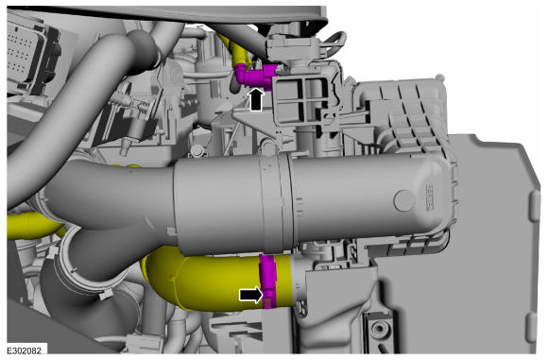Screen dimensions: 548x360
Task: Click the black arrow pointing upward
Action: [x=256, y=99]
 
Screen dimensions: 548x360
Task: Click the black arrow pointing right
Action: [x=251, y=294]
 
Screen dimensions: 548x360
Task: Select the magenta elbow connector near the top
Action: [x=254, y=76]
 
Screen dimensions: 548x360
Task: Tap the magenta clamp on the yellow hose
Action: [x=267, y=282]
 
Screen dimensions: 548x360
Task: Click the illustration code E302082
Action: [x=24, y=350]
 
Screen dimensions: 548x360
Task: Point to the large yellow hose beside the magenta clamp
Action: [x=210, y=280]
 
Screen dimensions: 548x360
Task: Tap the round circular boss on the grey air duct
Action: [x=404, y=200]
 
